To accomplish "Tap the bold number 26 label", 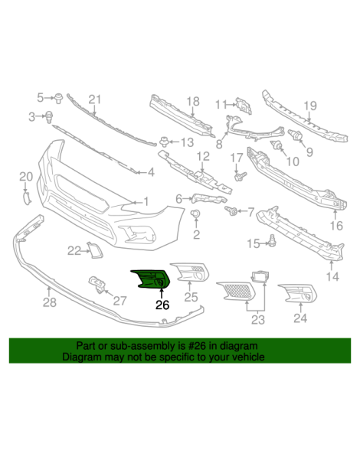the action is pos(162,305).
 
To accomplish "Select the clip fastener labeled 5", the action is pos(59,98).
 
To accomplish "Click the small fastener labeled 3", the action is pos(50,117).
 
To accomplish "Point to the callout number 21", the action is pos(95,99).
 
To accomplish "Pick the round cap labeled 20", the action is pos(27,198).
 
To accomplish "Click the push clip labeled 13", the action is pos(164,142).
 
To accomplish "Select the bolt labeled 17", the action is pos(241,176).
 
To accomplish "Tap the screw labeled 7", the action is pos(231,210).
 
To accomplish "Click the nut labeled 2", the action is pos(196,214).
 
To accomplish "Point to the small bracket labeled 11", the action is pos(244,106).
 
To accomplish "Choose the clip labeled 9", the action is pos(296,135).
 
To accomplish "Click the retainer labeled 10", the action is pos(276,145).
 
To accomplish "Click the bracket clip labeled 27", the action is pos(97,284).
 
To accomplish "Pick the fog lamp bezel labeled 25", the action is pos(190,271).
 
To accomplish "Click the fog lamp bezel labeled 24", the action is pos(298,293).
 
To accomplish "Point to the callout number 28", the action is pos(50,302).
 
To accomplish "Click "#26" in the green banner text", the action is pos(197,346).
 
